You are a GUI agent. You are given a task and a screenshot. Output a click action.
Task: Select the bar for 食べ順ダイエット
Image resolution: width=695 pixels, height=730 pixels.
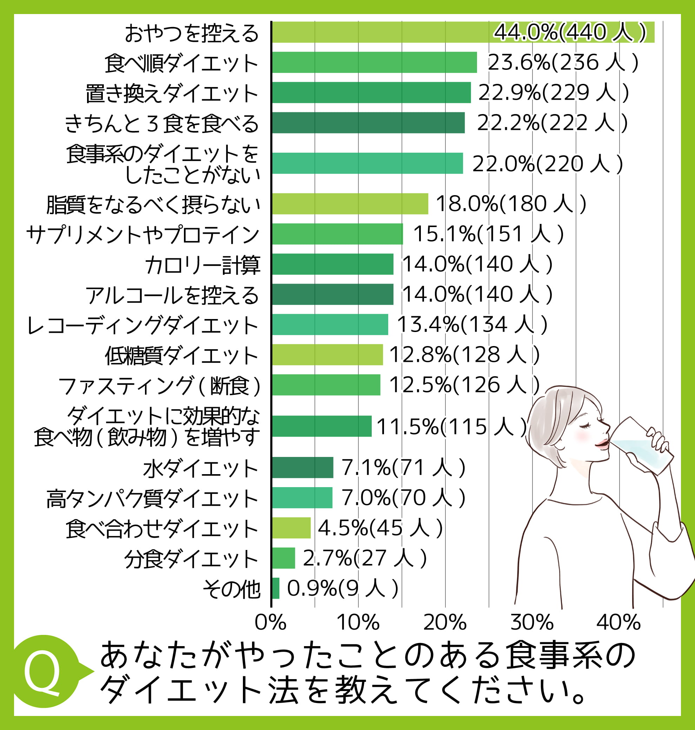374,62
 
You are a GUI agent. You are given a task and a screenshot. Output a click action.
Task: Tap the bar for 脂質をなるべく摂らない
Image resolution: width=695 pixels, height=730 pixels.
350,204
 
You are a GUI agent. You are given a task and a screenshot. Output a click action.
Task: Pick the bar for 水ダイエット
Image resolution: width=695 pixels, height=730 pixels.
302,467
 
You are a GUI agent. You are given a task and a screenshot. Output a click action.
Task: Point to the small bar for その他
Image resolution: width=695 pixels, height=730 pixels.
276,588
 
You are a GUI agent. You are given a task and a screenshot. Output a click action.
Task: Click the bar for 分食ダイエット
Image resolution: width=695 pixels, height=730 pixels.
283,558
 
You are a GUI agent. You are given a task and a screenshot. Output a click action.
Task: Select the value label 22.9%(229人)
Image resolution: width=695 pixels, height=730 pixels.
554,93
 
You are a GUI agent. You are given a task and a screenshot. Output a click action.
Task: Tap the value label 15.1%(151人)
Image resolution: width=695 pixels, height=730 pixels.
488,234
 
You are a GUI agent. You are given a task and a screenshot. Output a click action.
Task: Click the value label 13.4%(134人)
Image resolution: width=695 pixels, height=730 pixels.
472,324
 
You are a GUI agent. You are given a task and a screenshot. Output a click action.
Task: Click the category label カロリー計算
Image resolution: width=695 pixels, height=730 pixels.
202,265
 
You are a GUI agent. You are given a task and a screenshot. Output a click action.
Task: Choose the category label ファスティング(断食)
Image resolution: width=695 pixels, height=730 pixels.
159,386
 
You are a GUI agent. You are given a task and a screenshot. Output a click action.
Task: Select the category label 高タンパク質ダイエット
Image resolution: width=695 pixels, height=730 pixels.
152,498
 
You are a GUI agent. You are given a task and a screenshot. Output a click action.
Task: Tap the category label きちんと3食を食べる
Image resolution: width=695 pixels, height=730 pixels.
161,124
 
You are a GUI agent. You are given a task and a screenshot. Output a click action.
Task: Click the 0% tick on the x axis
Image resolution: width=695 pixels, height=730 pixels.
270,622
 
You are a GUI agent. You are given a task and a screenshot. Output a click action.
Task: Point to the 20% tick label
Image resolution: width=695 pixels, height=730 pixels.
445,622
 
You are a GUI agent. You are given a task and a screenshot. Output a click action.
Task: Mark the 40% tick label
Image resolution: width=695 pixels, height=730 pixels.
618,622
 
